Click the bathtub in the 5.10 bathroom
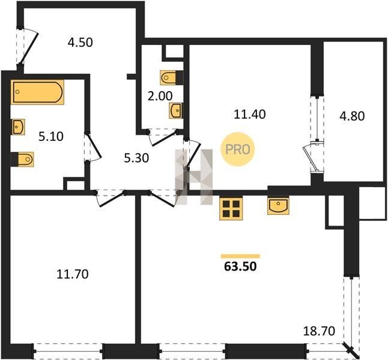[x=37, y=92]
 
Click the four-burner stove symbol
[x=231, y=209]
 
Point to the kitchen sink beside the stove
[x=278, y=206]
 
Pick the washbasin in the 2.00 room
[x=176, y=111]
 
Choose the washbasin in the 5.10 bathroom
[x=18, y=127]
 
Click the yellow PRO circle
[x=238, y=149]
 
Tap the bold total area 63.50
[x=240, y=266]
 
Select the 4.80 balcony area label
[x=352, y=116]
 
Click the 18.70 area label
[x=319, y=331]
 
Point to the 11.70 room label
[x=73, y=274]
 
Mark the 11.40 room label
[x=250, y=114]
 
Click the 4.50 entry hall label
[x=80, y=42]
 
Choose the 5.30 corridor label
[x=136, y=158]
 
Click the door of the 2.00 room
[x=162, y=138]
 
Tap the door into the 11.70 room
[x=110, y=199]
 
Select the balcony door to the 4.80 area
[x=314, y=157]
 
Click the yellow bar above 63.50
[x=240, y=256]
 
